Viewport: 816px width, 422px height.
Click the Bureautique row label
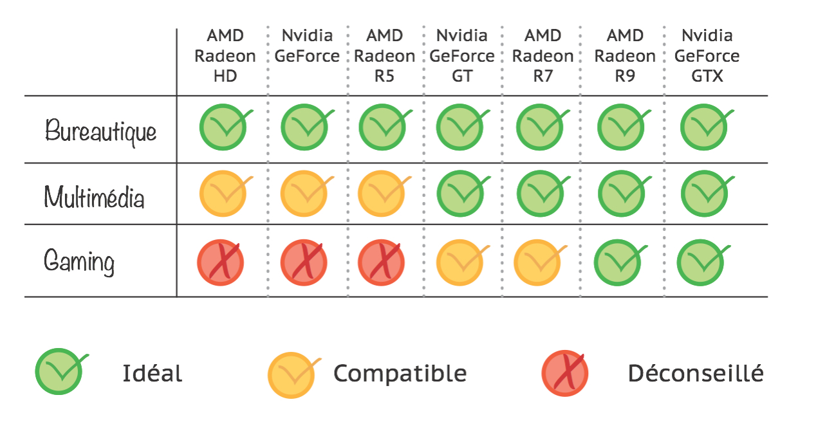point(101,132)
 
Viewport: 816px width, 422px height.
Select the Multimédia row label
point(94,196)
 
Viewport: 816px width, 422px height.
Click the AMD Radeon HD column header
point(225,56)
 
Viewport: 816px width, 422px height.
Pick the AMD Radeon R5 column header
point(384,56)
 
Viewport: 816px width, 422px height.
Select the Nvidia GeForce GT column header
point(462,56)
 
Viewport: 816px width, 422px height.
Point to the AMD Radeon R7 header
point(542,56)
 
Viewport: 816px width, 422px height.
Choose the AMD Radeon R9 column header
point(625,56)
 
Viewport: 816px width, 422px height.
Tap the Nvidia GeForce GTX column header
point(707,56)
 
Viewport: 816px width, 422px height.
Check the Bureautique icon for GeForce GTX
point(704,127)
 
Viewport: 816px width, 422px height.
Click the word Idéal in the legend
point(153,374)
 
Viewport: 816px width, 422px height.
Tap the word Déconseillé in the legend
point(696,374)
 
